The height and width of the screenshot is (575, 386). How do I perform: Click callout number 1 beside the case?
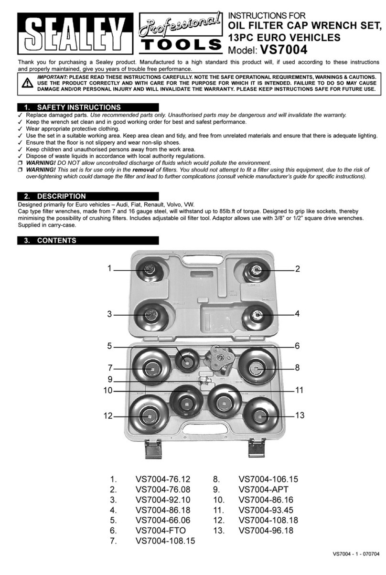[109, 269]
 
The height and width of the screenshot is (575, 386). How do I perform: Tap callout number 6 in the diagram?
[297, 345]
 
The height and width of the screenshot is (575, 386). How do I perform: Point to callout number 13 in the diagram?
[300, 415]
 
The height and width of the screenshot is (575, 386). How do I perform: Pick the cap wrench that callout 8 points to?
[257, 367]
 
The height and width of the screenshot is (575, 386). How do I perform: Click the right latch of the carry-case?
[257, 448]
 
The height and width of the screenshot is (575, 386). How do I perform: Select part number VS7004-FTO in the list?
[161, 530]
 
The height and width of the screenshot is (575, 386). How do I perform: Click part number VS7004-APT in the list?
[263, 490]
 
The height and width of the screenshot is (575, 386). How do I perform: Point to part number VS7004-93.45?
[266, 510]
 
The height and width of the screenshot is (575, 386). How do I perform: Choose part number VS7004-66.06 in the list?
[162, 520]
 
